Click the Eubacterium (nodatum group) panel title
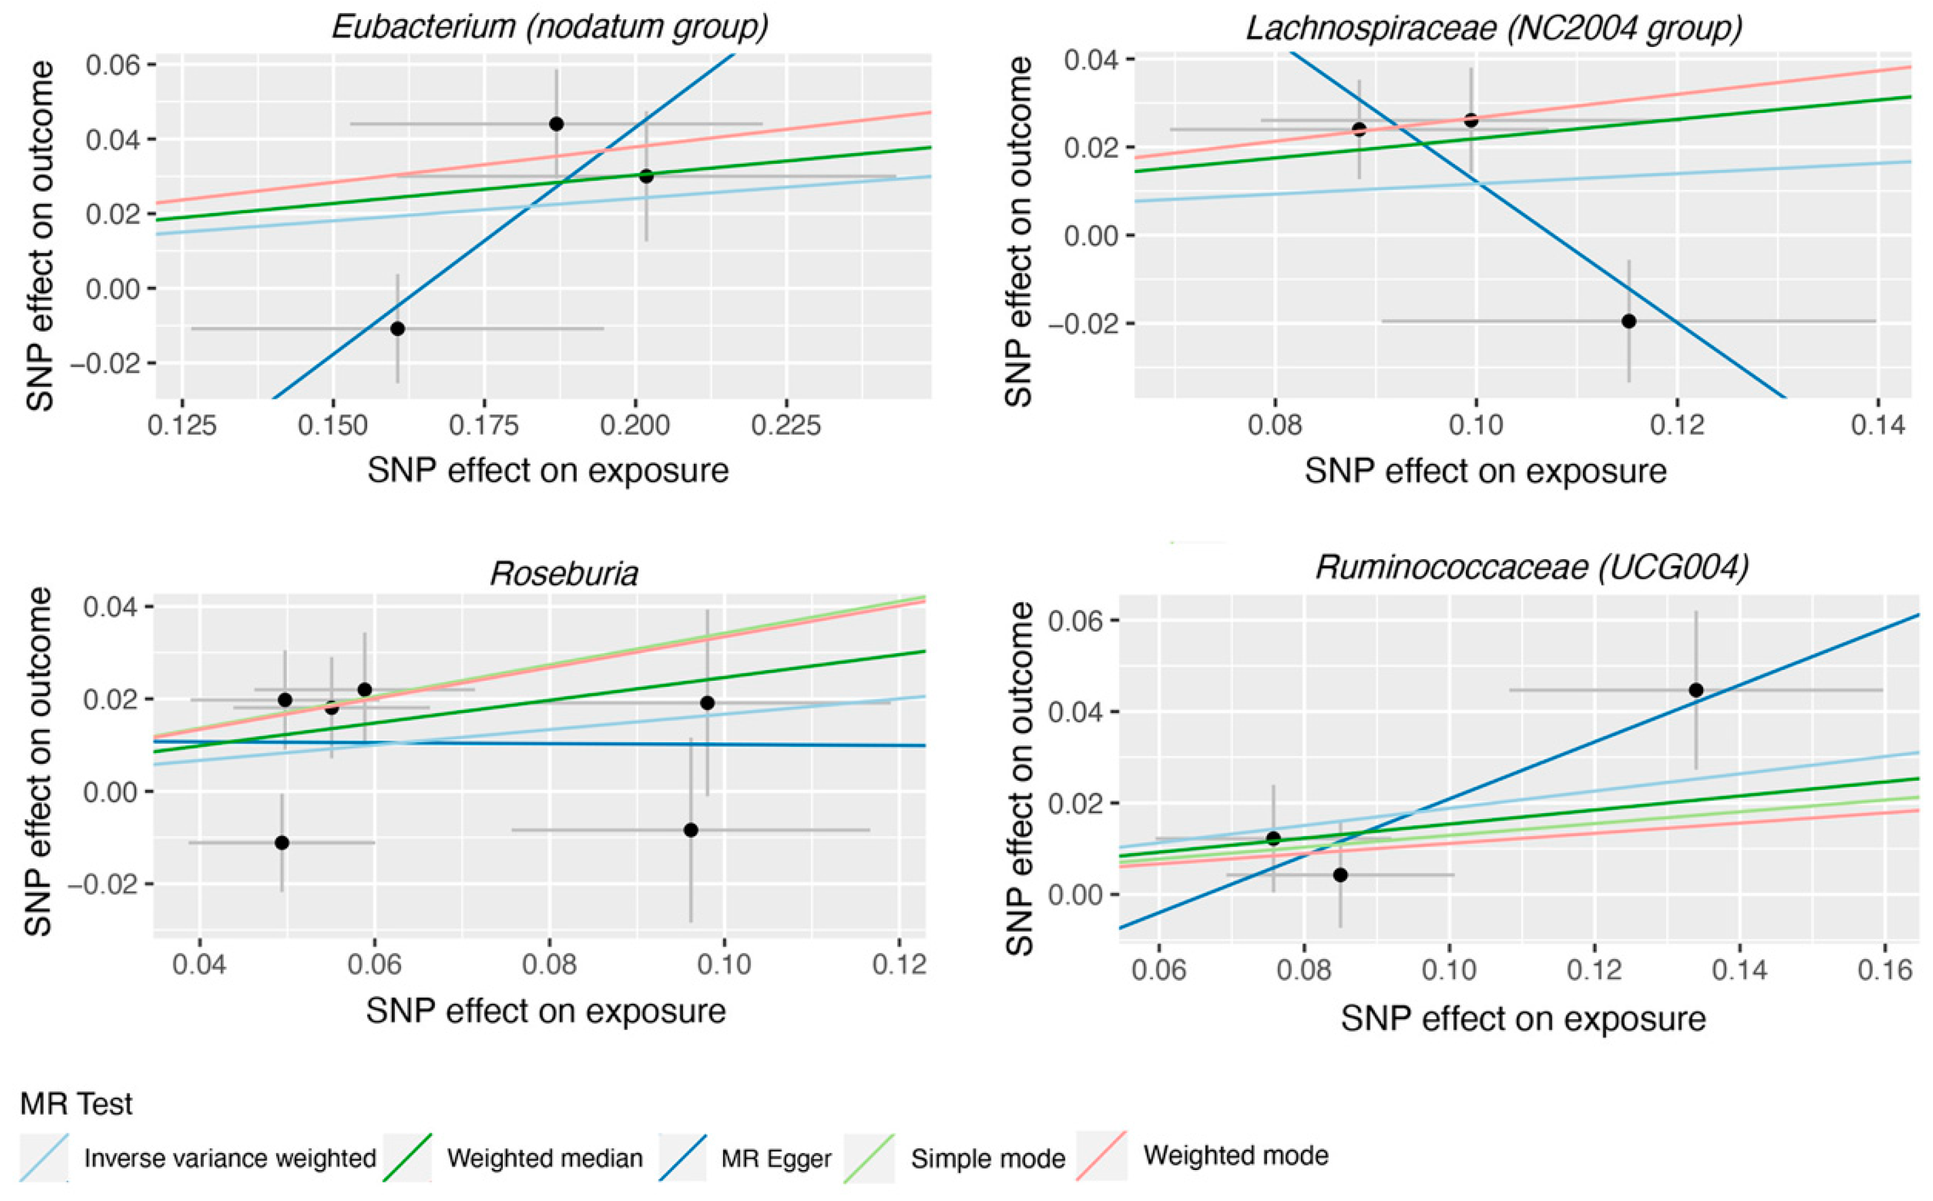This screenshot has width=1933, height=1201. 550,27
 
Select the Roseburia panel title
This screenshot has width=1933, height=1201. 564,573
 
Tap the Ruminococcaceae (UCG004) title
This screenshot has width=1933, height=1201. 1532,567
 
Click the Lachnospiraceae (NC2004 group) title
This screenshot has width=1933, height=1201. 1493,29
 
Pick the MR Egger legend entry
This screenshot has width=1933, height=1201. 775,1159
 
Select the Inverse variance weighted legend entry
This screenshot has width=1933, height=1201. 229,1158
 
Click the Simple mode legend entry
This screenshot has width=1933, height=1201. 987,1159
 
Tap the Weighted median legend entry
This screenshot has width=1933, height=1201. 544,1158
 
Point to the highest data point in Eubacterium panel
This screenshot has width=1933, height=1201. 557,124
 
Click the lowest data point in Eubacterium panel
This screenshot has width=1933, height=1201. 398,328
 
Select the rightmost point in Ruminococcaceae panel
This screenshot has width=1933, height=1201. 1696,689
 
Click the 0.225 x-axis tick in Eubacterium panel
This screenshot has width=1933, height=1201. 785,426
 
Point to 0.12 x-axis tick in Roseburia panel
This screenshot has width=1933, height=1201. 899,964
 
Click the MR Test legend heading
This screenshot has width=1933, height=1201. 77,1104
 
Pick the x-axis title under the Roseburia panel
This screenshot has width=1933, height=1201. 546,1011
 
